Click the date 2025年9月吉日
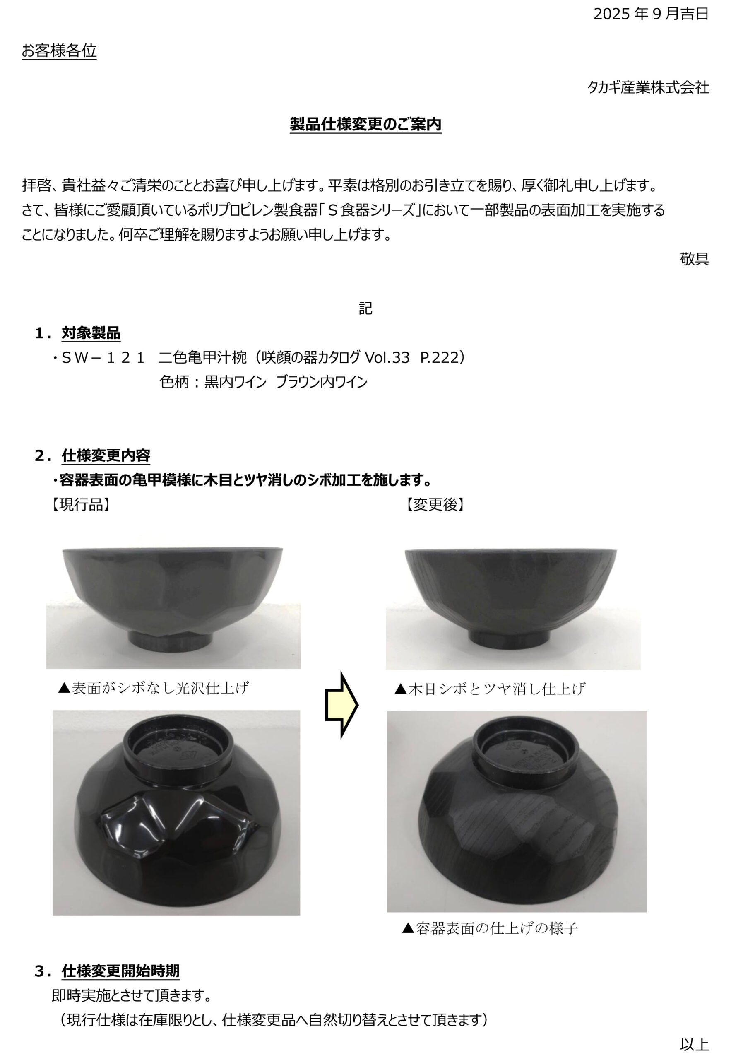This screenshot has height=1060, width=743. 651,14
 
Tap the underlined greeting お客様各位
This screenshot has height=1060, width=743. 59,51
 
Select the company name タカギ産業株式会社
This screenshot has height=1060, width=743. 648,87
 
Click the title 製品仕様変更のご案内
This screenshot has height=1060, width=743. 365,124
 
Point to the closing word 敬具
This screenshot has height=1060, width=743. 694,259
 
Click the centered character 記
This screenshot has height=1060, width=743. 365,308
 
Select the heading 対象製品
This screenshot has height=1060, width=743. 91,333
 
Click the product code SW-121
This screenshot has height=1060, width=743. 103,357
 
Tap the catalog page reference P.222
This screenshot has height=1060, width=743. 437,357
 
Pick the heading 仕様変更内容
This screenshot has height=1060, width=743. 106,455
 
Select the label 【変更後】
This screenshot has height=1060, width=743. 435,505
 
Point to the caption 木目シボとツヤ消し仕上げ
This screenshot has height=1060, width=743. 490,689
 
